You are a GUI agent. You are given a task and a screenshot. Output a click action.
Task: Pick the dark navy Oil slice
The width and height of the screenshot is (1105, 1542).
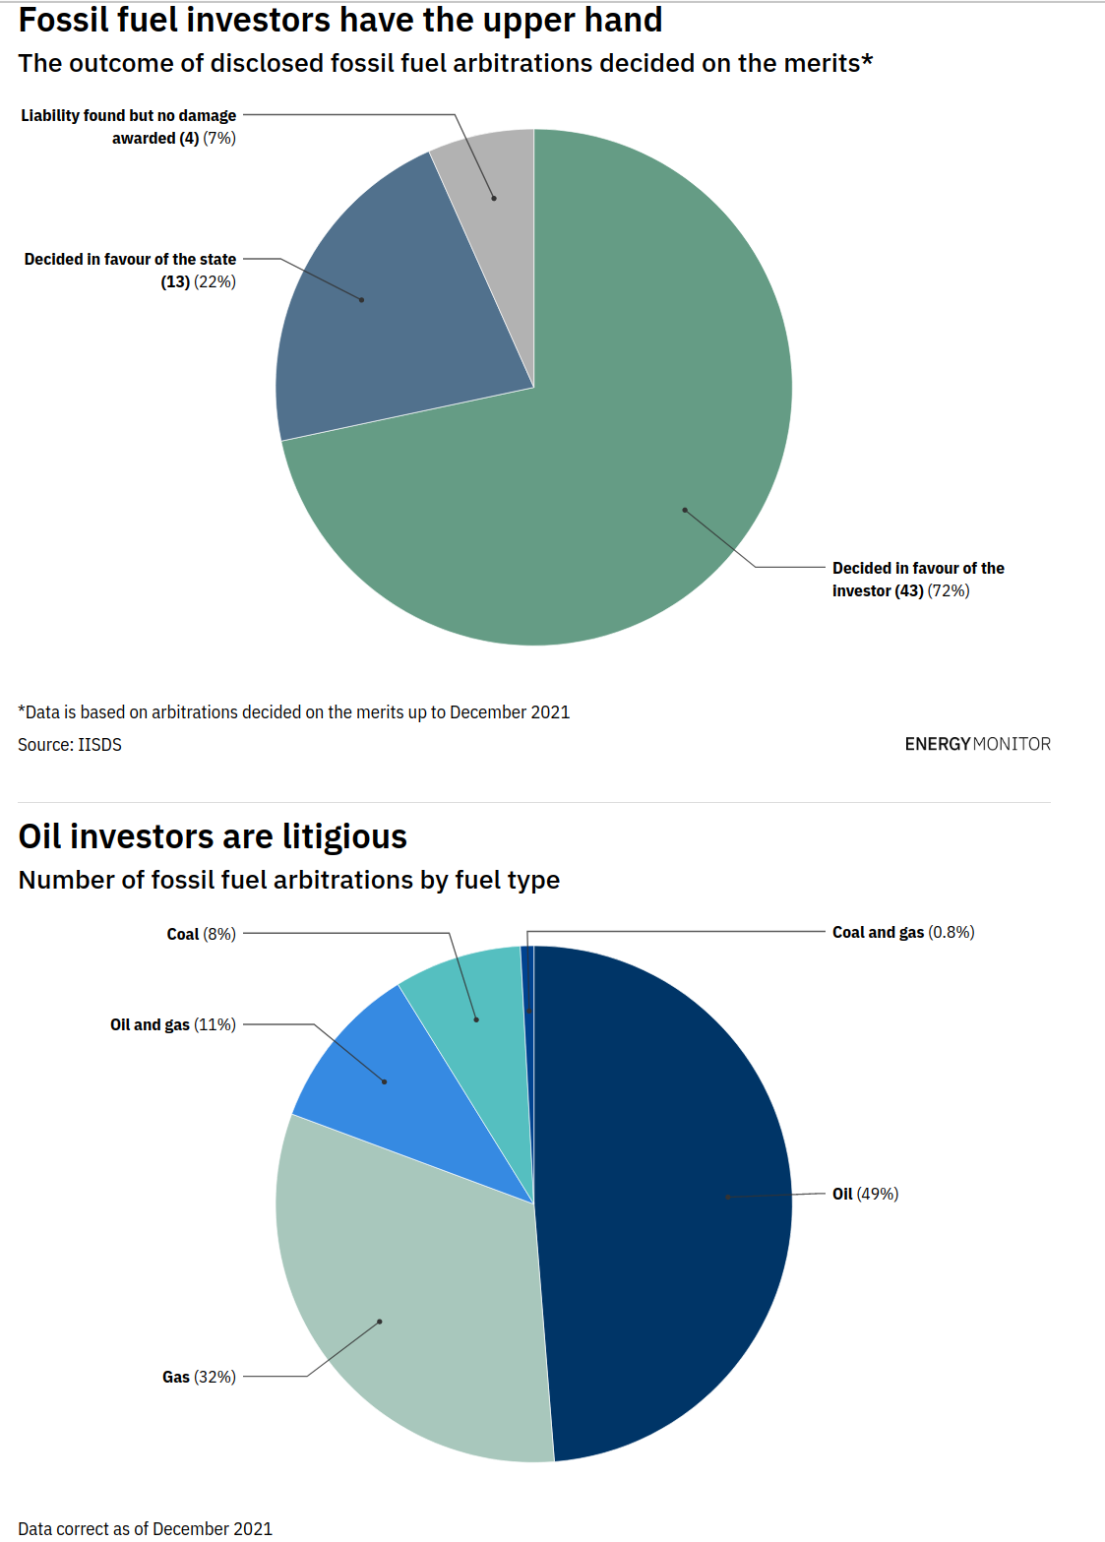point(669,1201)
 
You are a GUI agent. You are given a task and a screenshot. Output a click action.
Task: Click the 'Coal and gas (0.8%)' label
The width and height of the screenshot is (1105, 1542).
point(902,932)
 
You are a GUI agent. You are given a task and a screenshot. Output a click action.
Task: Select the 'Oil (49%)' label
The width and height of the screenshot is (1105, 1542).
point(865,1194)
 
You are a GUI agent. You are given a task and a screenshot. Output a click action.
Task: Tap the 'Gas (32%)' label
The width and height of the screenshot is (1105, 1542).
point(199,1377)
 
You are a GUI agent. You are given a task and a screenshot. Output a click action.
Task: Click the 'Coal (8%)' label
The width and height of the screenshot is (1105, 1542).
point(201,934)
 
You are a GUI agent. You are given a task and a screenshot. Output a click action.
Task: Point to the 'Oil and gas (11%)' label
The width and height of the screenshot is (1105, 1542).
point(172,1024)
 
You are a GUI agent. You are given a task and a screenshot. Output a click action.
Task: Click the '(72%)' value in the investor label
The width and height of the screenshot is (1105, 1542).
point(949,590)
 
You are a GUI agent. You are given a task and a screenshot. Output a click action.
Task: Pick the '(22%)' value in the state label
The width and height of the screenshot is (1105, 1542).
point(215,281)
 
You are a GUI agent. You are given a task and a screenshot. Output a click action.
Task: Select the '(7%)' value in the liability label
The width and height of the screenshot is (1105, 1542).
point(219,138)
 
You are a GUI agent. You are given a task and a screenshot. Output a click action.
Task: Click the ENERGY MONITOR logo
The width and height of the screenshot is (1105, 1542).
point(977,744)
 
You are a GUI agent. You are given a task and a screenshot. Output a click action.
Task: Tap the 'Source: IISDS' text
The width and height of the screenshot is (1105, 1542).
point(70,745)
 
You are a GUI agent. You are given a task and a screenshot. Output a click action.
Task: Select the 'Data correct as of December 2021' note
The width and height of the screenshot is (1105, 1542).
point(145,1528)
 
